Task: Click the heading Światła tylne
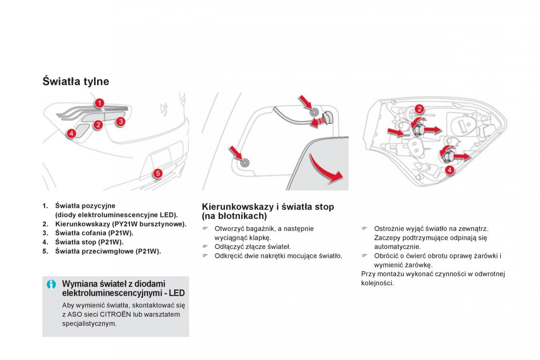[x=76, y=81]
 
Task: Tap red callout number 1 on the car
[x=99, y=103]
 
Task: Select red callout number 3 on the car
[x=121, y=121]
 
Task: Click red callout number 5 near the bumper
[x=157, y=173]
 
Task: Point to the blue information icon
[x=51, y=284]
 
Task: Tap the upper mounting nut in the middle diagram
[x=314, y=112]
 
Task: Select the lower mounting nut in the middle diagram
[x=245, y=163]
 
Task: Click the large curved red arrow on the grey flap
[x=324, y=170]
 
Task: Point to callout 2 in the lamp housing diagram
[x=419, y=109]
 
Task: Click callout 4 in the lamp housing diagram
[x=450, y=170]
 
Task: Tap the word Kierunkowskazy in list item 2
[x=83, y=224]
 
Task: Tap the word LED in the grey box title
[x=177, y=293]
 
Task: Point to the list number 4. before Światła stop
[x=45, y=242]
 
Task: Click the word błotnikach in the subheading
[x=241, y=216]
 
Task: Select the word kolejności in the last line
[x=377, y=283]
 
